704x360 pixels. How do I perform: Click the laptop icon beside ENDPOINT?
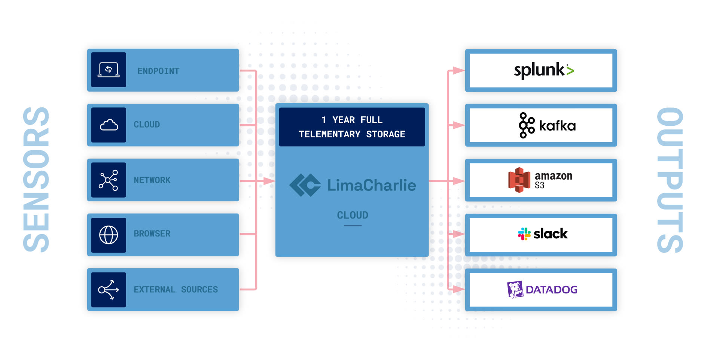pos(109,70)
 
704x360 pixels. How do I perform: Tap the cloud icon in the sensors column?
pos(109,125)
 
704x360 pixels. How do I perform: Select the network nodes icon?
pos(109,180)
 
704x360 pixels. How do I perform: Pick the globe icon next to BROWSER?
pos(109,235)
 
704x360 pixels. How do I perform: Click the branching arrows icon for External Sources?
pos(109,290)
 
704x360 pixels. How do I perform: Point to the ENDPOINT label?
pos(158,71)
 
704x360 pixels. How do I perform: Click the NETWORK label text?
pos(152,180)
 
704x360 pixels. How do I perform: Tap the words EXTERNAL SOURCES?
pos(176,290)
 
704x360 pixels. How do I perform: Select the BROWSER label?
pos(152,234)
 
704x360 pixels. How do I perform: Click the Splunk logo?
pos(543,70)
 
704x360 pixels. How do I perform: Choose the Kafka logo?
pos(547,125)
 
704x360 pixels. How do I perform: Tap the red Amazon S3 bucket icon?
pos(519,180)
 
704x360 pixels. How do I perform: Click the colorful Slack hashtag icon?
pos(524,234)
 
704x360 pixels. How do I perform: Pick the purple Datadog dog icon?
pos(515,289)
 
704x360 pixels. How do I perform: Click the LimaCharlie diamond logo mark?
pos(305,185)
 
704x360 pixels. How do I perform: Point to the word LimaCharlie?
pos(372,185)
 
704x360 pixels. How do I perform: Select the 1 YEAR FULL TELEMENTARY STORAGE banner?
pos(352,127)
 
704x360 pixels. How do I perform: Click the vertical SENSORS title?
pos(36,180)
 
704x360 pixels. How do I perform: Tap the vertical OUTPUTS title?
pos(670,180)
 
